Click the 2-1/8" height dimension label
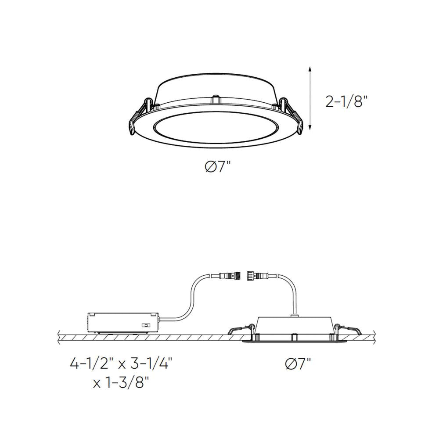[x=346, y=102]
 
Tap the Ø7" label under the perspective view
[x=217, y=167]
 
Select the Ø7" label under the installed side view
[x=298, y=364]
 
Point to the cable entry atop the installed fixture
[x=294, y=314]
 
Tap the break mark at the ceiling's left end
[x=60, y=337]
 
